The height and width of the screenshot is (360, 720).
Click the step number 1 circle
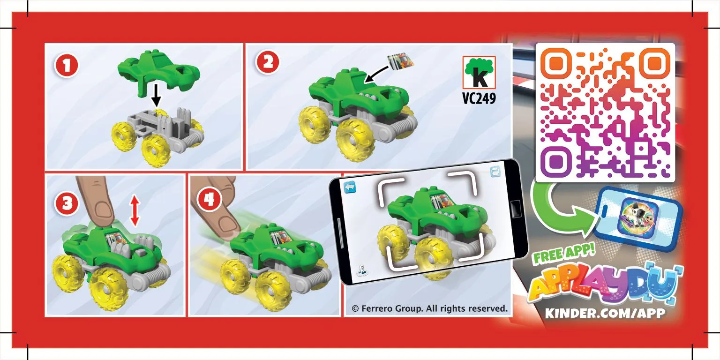[x=67, y=66]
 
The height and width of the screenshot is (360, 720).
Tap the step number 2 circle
[x=268, y=62]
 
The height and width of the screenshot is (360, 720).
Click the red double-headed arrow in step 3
[x=135, y=211]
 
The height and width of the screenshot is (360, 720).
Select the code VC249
[x=479, y=98]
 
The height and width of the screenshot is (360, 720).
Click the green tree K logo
[x=479, y=73]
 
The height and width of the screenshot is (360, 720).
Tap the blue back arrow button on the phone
[x=350, y=187]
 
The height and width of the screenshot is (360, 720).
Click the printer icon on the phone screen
[x=495, y=172]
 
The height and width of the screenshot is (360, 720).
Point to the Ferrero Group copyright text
[x=429, y=308]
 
